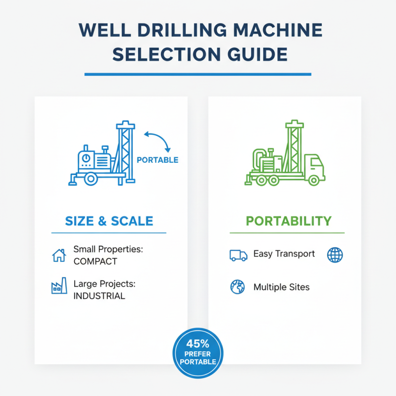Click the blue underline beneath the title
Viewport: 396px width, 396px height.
(x=198, y=74)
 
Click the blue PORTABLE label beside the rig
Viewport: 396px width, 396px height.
(x=157, y=160)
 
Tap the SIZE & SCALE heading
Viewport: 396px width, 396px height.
(x=109, y=221)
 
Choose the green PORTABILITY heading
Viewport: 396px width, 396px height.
(x=289, y=221)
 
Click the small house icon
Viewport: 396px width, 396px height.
(x=59, y=255)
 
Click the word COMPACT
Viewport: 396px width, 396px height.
(x=95, y=261)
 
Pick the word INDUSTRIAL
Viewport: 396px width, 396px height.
(x=99, y=296)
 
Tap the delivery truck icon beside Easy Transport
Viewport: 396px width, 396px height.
(x=238, y=255)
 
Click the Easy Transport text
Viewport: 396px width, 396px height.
(x=284, y=254)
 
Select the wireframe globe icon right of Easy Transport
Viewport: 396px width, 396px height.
(x=335, y=255)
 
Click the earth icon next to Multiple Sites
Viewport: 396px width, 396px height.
(x=238, y=287)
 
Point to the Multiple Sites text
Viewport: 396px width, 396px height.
(x=281, y=287)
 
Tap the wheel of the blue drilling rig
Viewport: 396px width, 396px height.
(x=90, y=179)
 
